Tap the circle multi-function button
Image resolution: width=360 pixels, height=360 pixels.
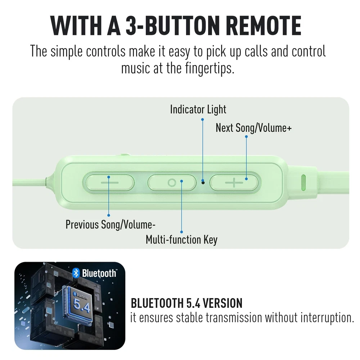click(172, 183)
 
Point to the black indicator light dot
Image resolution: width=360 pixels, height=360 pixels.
click(203, 183)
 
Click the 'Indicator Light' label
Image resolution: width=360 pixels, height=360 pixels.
click(198, 109)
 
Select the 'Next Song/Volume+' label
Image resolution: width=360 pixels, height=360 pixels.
click(253, 128)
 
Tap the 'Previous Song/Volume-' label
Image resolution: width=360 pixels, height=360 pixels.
click(111, 225)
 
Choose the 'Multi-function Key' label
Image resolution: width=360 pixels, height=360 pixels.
click(181, 240)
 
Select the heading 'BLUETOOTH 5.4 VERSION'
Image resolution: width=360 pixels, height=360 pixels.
click(186, 303)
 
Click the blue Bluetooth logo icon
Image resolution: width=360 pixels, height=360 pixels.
click(76, 273)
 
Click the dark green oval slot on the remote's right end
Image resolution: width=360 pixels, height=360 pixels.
click(303, 183)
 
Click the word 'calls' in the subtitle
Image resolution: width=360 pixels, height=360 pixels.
click(256, 51)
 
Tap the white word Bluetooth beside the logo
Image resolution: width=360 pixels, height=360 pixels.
click(99, 273)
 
